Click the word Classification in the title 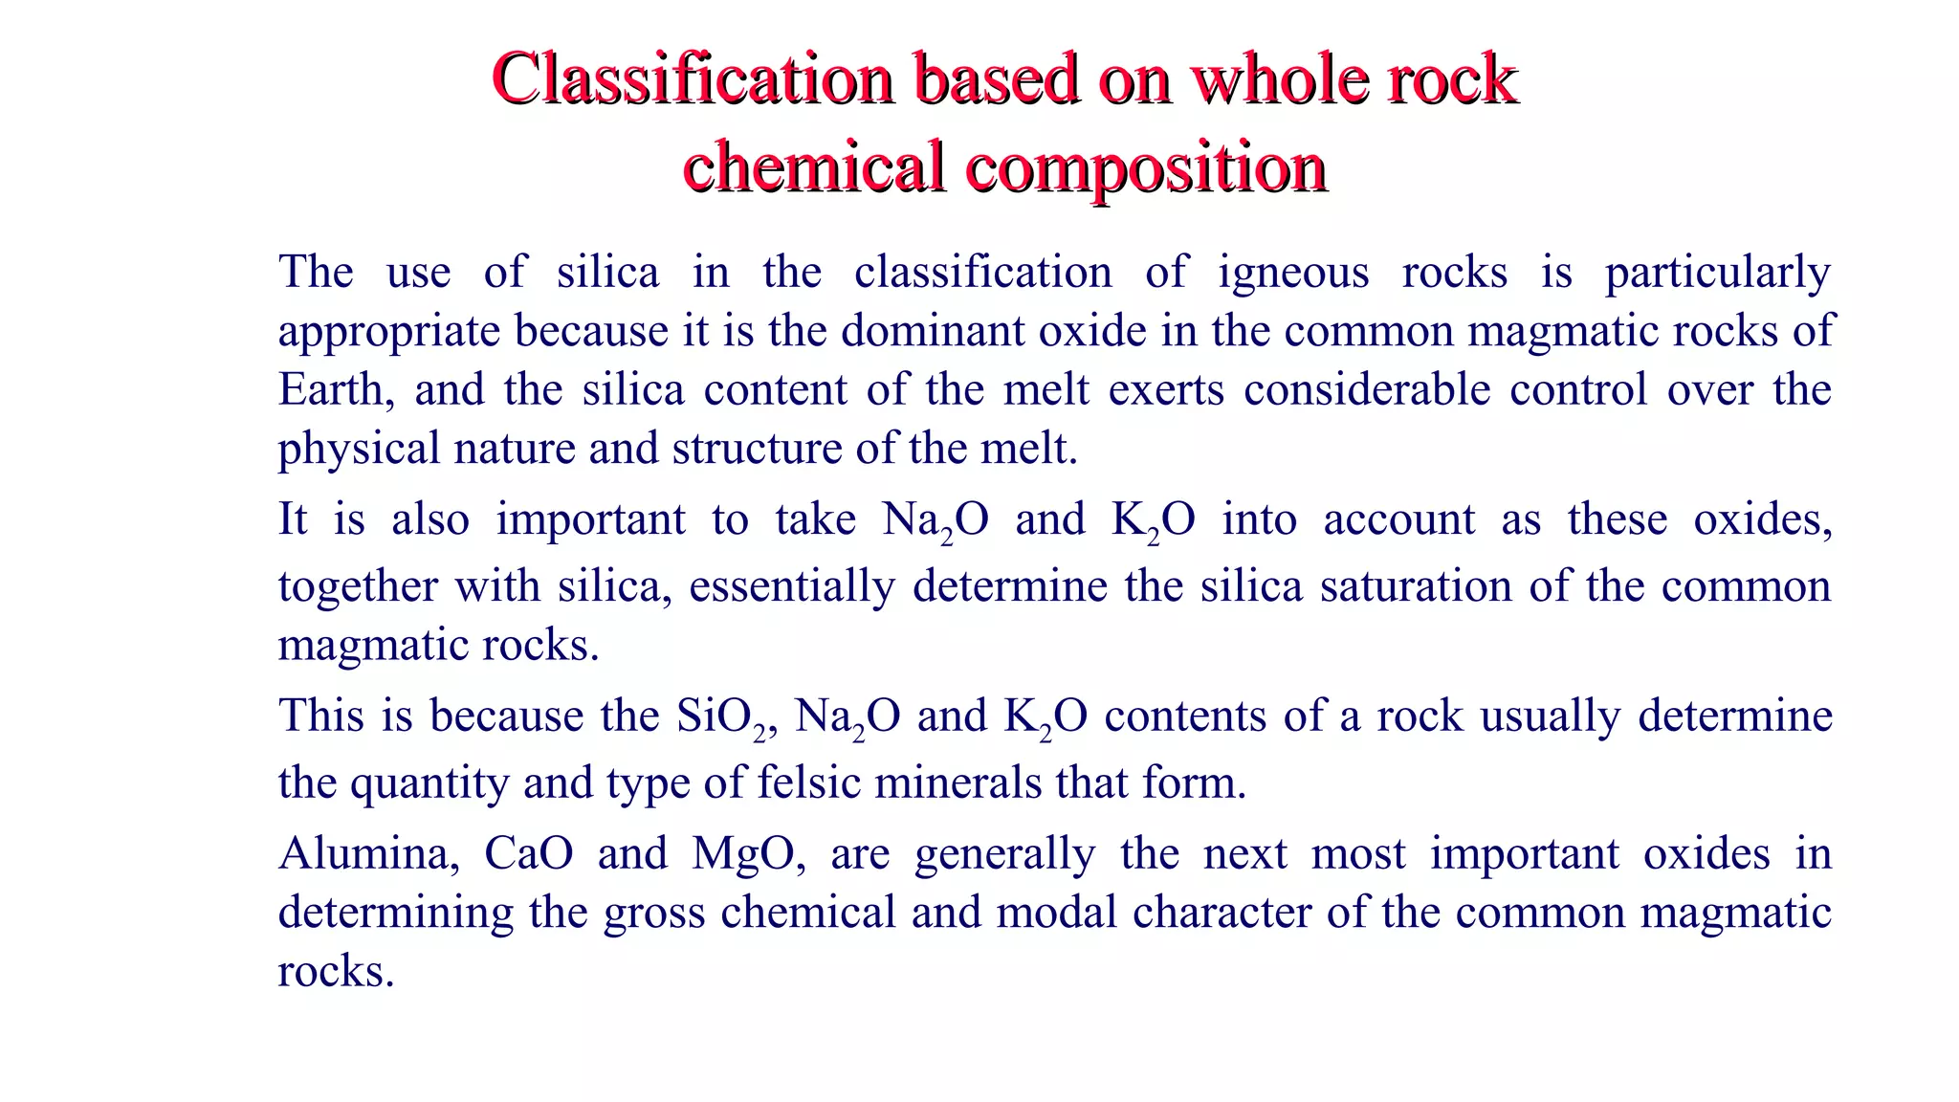[x=693, y=78]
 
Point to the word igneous [x=1293, y=274]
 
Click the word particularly [x=1717, y=274]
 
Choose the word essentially [x=791, y=586]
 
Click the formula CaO [x=528, y=854]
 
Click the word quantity [x=428, y=783]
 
